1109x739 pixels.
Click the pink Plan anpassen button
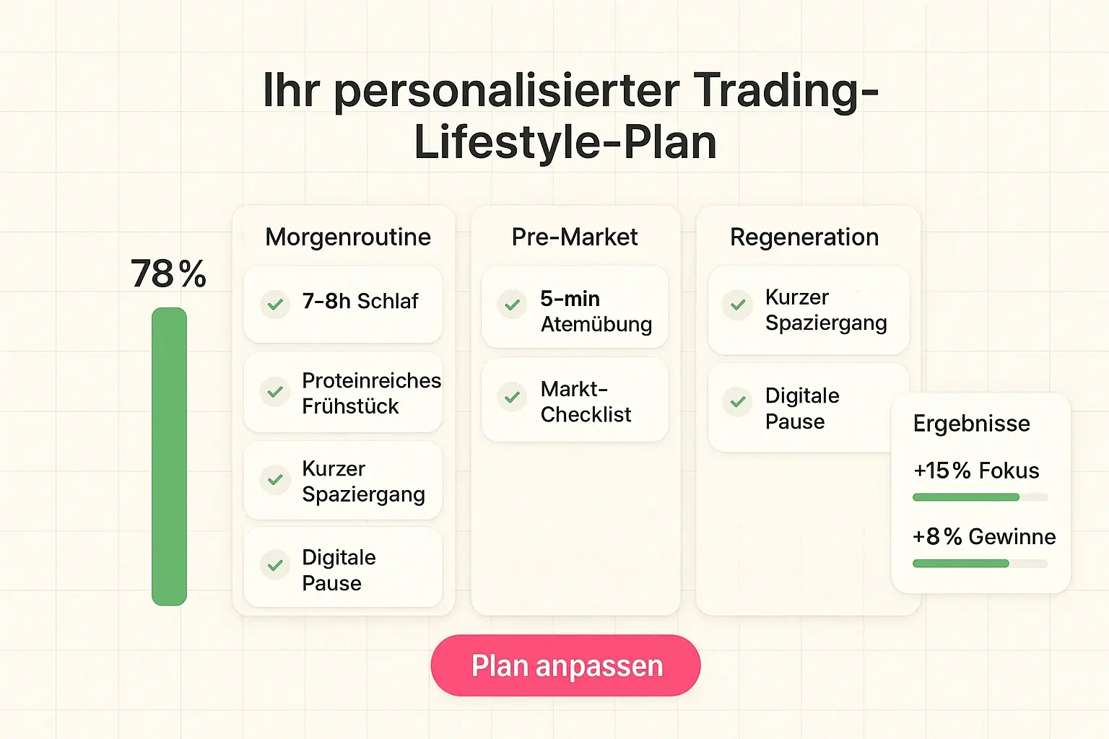coord(565,665)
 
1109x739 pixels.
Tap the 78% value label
coord(169,274)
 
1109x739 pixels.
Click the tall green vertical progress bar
coord(169,456)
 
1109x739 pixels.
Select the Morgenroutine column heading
coord(348,237)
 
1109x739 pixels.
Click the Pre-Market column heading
coord(575,237)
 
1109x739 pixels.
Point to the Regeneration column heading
coord(804,237)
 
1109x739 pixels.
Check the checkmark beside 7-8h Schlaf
coord(275,304)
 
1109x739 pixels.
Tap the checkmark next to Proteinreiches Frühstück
coord(275,392)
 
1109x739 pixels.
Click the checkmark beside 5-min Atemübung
coord(512,305)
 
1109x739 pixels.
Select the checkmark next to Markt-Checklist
coord(512,397)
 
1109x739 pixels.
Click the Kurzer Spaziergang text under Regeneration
coord(826,310)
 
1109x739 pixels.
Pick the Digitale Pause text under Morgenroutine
coord(339,570)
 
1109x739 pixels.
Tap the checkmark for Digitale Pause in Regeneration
coord(738,401)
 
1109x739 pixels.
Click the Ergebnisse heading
coord(971,424)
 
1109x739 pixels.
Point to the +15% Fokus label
coord(976,471)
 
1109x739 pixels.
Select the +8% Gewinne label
coord(983,537)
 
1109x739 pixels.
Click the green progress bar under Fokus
coord(966,497)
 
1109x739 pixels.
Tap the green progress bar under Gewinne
coord(961,564)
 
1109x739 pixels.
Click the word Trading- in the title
coord(786,91)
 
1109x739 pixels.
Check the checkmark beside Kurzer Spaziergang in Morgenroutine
coord(275,479)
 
